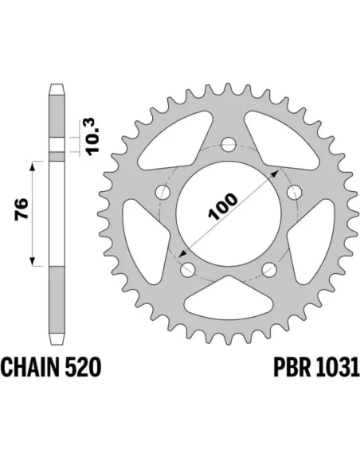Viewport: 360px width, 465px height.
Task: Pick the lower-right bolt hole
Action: (x=270, y=268)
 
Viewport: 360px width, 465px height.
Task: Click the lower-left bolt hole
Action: (x=187, y=269)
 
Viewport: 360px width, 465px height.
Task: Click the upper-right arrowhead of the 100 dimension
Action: (x=276, y=170)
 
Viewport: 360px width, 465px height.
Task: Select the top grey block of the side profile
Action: (x=57, y=116)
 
